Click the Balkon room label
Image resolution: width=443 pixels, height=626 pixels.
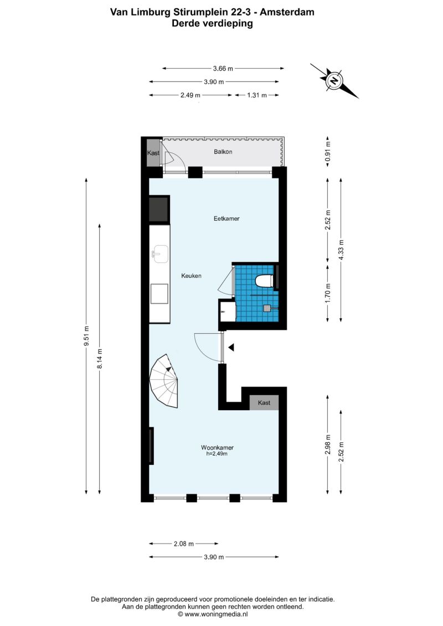click(x=223, y=152)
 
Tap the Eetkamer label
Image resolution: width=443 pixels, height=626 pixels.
click(x=226, y=219)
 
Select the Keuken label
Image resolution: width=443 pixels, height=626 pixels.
click(x=192, y=276)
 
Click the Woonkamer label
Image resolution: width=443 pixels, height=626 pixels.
click(x=217, y=448)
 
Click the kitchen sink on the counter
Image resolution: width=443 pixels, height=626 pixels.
click(x=160, y=254)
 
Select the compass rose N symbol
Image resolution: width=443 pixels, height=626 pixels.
click(x=334, y=81)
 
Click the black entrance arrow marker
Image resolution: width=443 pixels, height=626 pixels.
click(x=231, y=348)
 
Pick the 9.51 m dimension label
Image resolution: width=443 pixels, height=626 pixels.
click(x=86, y=336)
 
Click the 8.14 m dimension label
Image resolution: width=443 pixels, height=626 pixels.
click(x=100, y=359)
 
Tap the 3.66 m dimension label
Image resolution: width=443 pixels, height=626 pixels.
click(x=223, y=68)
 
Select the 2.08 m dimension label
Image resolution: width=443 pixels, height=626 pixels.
click(x=184, y=544)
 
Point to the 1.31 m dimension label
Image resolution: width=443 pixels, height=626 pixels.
click(x=257, y=95)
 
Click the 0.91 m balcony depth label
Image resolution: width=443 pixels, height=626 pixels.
click(x=328, y=152)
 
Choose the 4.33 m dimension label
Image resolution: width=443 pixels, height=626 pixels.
click(x=341, y=250)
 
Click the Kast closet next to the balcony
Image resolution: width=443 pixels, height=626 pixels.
click(x=153, y=153)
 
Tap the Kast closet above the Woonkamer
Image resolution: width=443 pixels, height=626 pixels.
click(x=264, y=402)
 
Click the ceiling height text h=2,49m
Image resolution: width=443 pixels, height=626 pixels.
click(x=217, y=453)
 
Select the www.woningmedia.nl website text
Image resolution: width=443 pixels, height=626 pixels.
click(x=216, y=614)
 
